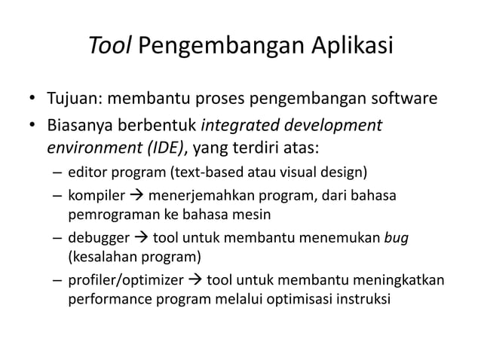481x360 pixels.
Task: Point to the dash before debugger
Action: [57, 239]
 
